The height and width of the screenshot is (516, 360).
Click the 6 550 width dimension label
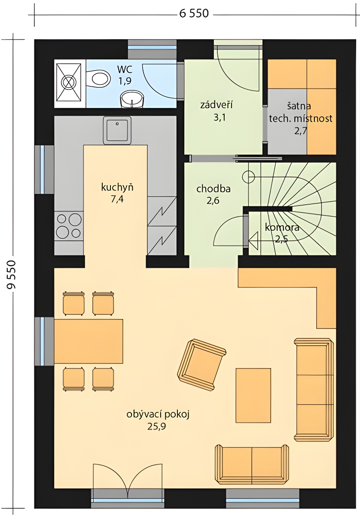click(194, 13)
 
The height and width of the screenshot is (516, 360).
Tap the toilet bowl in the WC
click(98, 79)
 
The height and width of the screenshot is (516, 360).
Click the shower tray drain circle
click(68, 82)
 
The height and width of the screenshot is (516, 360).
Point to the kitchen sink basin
click(117, 130)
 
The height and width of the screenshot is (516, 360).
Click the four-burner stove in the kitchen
click(69, 225)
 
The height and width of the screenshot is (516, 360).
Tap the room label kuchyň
click(117, 187)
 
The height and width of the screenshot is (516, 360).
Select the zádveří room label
click(216, 105)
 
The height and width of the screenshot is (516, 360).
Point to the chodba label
click(214, 189)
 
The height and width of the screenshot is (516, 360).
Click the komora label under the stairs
click(282, 227)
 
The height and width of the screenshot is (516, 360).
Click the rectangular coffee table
click(253, 396)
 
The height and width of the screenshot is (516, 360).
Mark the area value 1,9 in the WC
click(125, 81)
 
